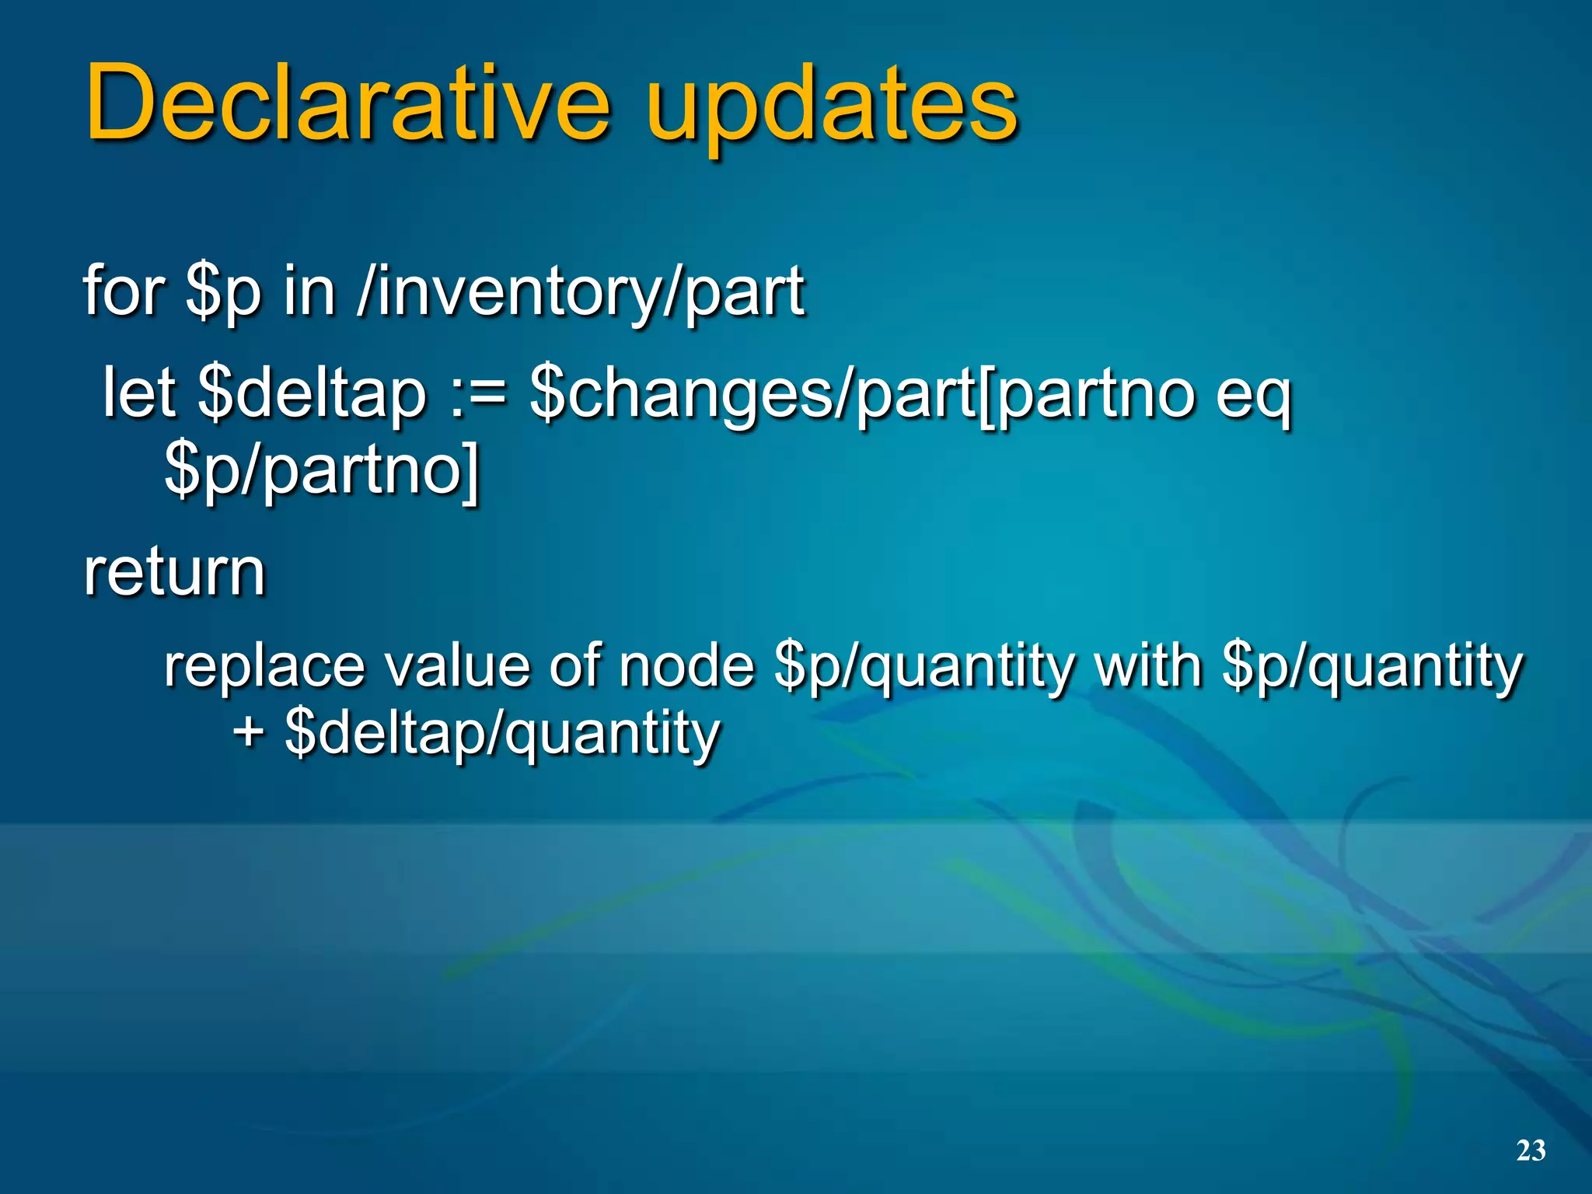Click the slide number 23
1531,1150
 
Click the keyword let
138,393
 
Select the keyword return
175,572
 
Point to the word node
687,667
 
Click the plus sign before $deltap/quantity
248,732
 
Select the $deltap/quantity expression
502,734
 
